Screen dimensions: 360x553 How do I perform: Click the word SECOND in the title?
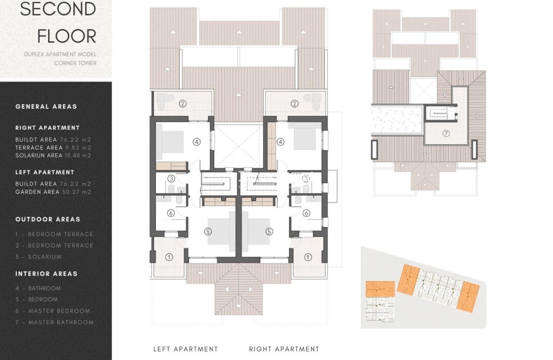click(58, 9)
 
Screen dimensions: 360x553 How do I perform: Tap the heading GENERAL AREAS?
click(46, 106)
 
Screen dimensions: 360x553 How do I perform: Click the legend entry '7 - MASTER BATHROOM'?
click(54, 322)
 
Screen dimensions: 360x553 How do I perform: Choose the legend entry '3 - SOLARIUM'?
click(39, 257)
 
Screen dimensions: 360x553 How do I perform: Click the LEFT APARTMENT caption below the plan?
click(186, 349)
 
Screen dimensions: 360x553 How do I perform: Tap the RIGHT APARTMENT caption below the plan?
click(284, 349)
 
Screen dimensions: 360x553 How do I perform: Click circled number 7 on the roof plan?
click(446, 134)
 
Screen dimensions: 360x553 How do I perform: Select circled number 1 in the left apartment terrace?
click(169, 257)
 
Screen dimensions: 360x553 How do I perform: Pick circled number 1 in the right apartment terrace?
click(308, 257)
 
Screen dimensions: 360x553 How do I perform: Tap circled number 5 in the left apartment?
click(208, 231)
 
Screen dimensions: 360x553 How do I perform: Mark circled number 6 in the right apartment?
click(306, 213)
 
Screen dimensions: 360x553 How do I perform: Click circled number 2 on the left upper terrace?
click(182, 103)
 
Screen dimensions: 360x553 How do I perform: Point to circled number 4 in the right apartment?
click(280, 142)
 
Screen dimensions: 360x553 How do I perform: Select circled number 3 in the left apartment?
click(171, 179)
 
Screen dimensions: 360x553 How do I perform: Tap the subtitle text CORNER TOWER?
click(75, 63)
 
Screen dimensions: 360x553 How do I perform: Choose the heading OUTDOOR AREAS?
click(48, 219)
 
